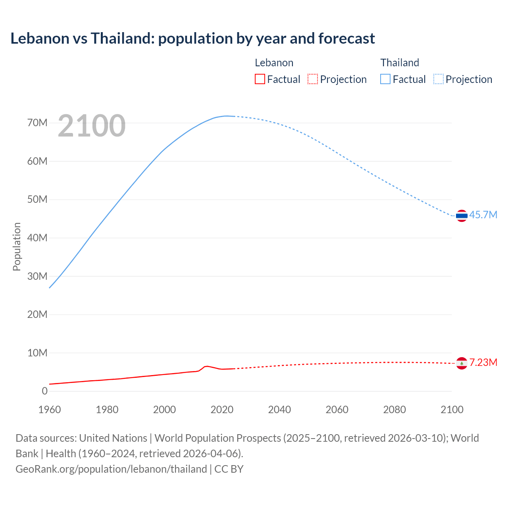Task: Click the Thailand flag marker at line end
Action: (x=462, y=216)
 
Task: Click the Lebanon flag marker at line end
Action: (x=462, y=363)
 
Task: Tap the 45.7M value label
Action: (x=483, y=215)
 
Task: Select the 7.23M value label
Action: (x=483, y=363)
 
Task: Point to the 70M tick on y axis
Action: (x=37, y=123)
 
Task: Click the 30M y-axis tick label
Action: (x=37, y=276)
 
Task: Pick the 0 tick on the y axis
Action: (x=44, y=391)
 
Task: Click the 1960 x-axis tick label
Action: (x=50, y=410)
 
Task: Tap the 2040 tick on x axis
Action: (x=279, y=410)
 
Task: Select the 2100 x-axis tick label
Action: (x=452, y=410)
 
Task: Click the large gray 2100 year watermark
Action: (x=92, y=126)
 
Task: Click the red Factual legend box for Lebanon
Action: (x=260, y=79)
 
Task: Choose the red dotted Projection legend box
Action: (x=313, y=79)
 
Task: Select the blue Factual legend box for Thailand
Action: (x=385, y=79)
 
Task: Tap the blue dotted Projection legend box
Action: (x=438, y=79)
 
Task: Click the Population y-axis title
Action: (x=17, y=246)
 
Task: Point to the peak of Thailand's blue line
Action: (x=227, y=116)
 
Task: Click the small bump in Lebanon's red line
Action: (x=206, y=366)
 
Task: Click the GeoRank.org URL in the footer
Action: (x=111, y=469)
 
